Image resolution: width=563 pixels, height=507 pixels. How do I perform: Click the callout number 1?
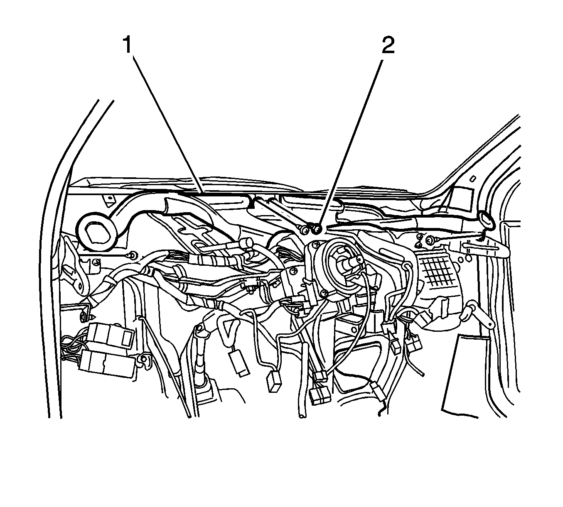128,45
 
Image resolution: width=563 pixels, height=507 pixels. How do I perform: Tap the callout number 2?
388,45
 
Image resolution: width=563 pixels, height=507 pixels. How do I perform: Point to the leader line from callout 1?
168,125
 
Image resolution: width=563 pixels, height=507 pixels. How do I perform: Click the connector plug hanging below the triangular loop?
239,364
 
